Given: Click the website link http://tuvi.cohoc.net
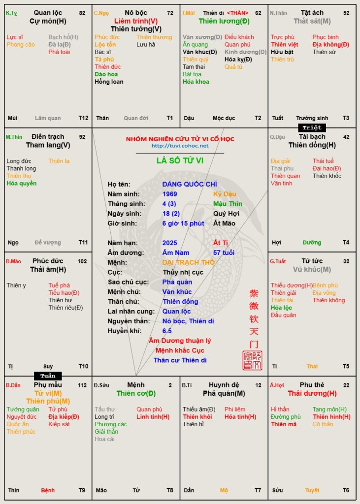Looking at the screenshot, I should [x=180, y=146].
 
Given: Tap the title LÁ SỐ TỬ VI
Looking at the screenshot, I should [x=180, y=160].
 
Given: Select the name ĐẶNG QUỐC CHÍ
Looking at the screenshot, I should [x=183, y=184].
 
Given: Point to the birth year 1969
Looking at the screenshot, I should [x=169, y=194].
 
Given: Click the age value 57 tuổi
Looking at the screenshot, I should [x=224, y=252].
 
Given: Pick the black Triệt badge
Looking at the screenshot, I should [x=312, y=127].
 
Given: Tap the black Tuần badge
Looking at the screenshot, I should [x=48, y=376].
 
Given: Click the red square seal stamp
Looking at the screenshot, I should [x=252, y=360].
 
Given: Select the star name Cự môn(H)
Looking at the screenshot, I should [x=48, y=21].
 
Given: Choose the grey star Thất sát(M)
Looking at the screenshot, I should [x=312, y=21].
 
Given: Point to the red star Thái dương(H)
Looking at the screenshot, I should [x=312, y=393].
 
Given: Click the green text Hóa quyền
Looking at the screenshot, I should [x=21, y=184].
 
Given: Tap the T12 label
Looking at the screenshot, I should [x=83, y=118].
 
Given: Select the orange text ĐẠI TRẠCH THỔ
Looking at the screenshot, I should [x=189, y=262].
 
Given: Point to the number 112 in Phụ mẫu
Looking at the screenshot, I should [x=82, y=385].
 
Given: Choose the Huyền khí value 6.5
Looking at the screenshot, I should [x=167, y=331].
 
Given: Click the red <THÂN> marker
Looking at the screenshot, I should [x=237, y=13].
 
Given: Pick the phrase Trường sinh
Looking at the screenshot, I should [x=312, y=118].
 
